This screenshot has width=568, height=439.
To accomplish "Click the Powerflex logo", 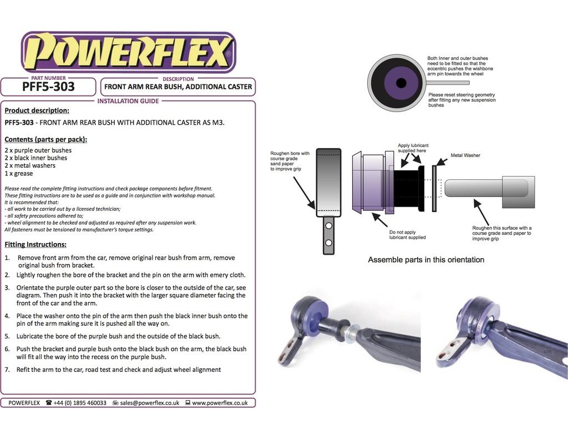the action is pyautogui.click(x=129, y=52).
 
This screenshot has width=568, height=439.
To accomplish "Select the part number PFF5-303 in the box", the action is pyautogui.click(x=48, y=87).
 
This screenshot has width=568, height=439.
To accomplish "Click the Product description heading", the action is pyautogui.click(x=37, y=110).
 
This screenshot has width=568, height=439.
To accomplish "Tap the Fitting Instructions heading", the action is pyautogui.click(x=35, y=245).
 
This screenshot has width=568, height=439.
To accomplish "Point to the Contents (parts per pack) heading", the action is pyautogui.click(x=46, y=139).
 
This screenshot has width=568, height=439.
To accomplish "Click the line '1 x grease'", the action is pyautogui.click(x=19, y=173).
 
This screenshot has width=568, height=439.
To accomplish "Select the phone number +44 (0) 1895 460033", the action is pyautogui.click(x=80, y=403).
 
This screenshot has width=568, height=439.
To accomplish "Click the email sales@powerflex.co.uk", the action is pyautogui.click(x=150, y=403).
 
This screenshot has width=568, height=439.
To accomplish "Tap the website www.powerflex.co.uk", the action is pyautogui.click(x=220, y=403).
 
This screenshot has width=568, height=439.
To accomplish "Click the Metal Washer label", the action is pyautogui.click(x=465, y=155).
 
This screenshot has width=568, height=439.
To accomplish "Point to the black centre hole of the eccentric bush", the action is pyautogui.click(x=401, y=83).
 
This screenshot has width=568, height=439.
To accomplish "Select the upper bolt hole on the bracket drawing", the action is pyautogui.click(x=328, y=226).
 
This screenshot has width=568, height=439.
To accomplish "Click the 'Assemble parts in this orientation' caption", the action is pyautogui.click(x=426, y=260).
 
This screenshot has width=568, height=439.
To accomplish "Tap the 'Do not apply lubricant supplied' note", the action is pyautogui.click(x=408, y=235).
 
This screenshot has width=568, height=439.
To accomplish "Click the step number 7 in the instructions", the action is pyautogui.click(x=7, y=370).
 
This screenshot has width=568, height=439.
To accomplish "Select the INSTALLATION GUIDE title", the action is pyautogui.click(x=128, y=101).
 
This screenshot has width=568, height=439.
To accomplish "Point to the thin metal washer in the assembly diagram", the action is pyautogui.click(x=434, y=189).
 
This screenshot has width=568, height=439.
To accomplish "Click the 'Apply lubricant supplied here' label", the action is pyautogui.click(x=413, y=148).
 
